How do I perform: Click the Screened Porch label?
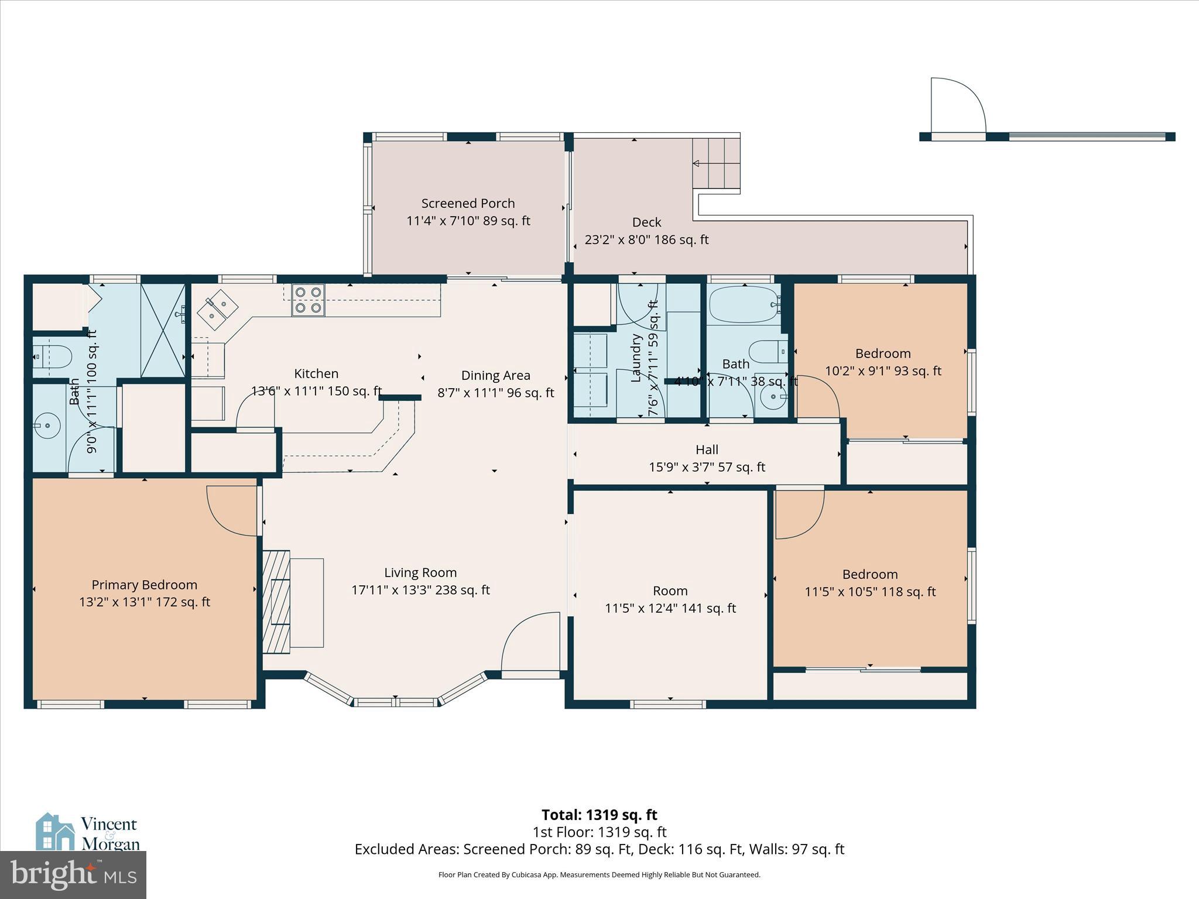468,203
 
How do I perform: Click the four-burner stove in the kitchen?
308,300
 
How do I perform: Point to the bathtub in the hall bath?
743,305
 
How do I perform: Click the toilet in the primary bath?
53,355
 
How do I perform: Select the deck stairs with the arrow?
716,163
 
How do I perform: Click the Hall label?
707,449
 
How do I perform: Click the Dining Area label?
495,375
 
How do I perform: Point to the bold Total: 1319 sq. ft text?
599,815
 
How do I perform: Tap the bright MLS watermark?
73,874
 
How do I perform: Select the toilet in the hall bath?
768,352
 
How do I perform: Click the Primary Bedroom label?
144,585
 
